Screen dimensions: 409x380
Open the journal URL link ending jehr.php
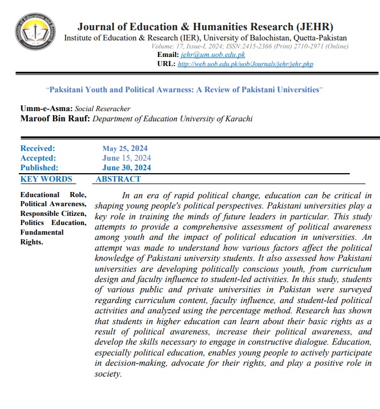point(245,64)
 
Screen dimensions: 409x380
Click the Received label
point(37,149)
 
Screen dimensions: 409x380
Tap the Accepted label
point(38,158)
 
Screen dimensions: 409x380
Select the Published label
point(39,168)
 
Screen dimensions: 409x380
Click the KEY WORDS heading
point(46,179)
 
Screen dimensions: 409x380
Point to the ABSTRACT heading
point(118,179)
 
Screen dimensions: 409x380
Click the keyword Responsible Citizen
point(53,213)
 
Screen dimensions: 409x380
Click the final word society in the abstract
point(107,374)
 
